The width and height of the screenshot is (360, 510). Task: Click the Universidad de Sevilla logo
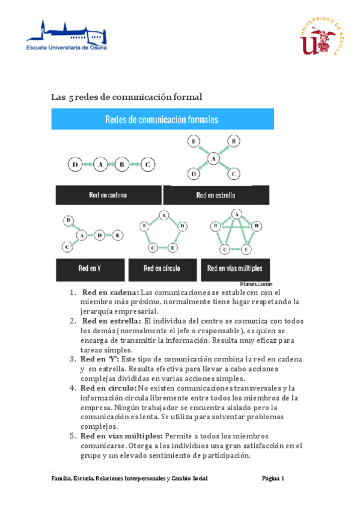322,37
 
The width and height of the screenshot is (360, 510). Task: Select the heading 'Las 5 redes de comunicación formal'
127,97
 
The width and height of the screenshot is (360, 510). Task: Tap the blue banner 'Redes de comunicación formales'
162,118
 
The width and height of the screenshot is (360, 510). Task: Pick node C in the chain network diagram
148,164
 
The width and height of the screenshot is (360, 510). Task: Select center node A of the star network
212,159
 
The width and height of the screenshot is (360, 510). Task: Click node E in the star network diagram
194,142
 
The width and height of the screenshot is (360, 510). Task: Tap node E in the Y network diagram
117,235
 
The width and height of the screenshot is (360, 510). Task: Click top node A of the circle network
163,214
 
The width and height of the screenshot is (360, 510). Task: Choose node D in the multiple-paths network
257,226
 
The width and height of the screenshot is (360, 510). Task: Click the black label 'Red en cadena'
108,195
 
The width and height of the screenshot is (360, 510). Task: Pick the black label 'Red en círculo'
162,268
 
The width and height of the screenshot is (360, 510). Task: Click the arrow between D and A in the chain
88,164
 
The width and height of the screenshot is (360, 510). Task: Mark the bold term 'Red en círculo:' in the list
109,388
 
